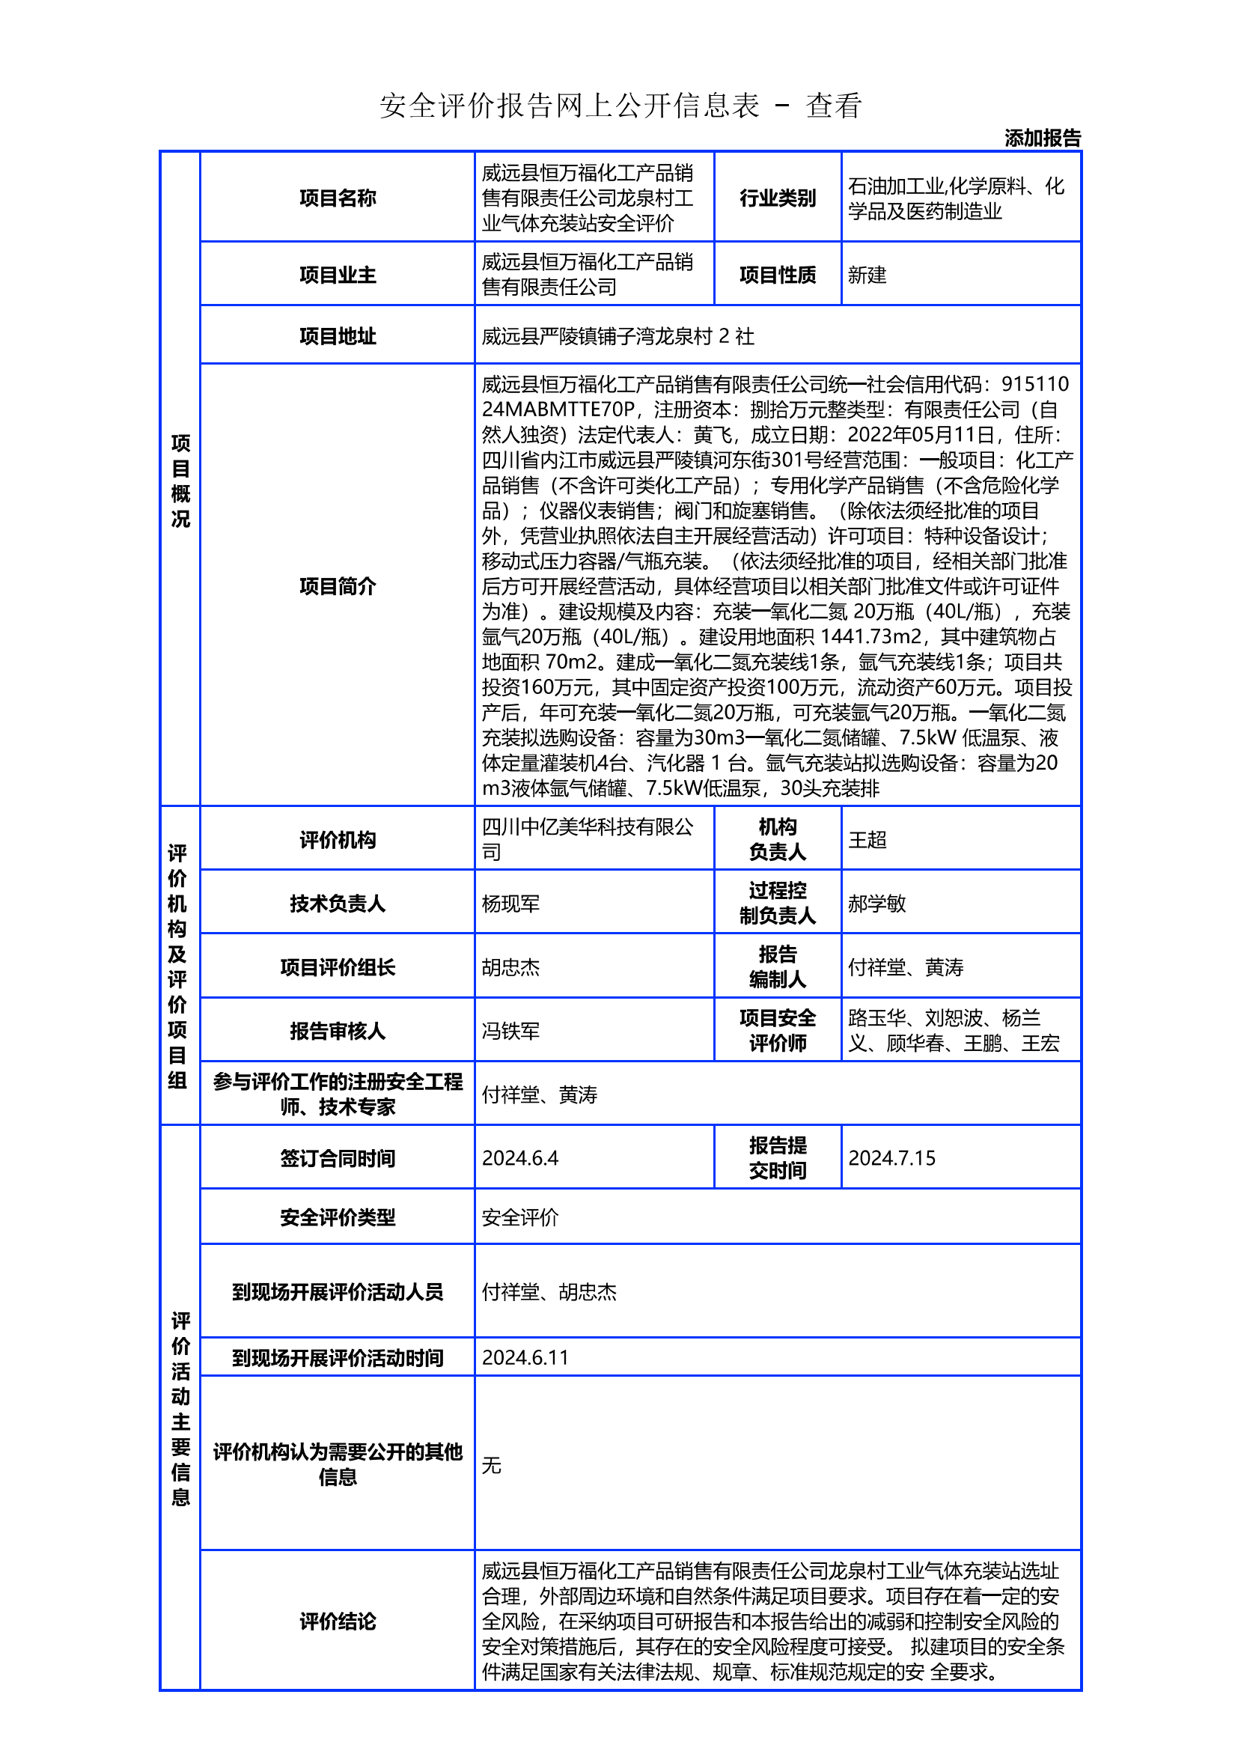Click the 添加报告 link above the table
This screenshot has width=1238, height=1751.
tap(1041, 138)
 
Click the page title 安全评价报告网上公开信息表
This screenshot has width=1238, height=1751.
tap(570, 106)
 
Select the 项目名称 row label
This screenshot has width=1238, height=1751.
tap(337, 198)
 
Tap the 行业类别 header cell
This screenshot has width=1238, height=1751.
tap(777, 198)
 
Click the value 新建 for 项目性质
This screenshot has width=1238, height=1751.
tap(867, 275)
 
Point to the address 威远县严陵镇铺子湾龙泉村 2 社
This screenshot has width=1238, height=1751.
tap(618, 336)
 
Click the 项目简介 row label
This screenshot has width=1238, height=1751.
tap(337, 585)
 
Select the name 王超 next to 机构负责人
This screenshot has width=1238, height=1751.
tap(867, 840)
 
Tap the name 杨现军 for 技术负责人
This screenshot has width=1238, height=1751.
tap(510, 904)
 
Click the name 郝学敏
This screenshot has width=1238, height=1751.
tap(876, 904)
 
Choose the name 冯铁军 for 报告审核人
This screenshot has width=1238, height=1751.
tap(510, 1031)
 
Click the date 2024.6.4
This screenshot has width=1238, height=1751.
tap(520, 1157)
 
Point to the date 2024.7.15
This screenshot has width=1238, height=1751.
tap(891, 1157)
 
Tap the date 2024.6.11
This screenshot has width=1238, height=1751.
tap(525, 1357)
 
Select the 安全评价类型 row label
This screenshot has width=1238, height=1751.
tap(337, 1217)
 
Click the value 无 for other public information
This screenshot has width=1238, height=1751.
tap(491, 1465)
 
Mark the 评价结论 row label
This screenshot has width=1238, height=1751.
tap(337, 1621)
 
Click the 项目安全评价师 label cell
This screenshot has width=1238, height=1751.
tap(777, 1030)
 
